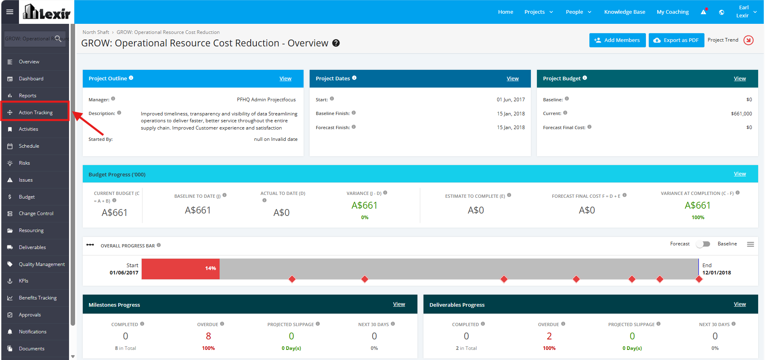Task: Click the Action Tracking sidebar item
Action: pyautogui.click(x=36, y=113)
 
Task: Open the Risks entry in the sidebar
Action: pyautogui.click(x=24, y=163)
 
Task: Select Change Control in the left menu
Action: pyautogui.click(x=36, y=213)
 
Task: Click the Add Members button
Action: pyautogui.click(x=617, y=40)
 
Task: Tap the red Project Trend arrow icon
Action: pyautogui.click(x=748, y=40)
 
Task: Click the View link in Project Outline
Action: pyautogui.click(x=285, y=79)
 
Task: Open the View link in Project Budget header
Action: pyautogui.click(x=740, y=79)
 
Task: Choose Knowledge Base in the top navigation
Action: pyautogui.click(x=625, y=12)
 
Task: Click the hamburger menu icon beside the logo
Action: pyautogui.click(x=10, y=12)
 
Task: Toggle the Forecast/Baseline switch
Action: pyautogui.click(x=703, y=244)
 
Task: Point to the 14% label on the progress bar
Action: pyautogui.click(x=210, y=268)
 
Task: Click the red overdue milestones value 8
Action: pyautogui.click(x=208, y=336)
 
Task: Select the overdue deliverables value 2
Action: pyautogui.click(x=549, y=336)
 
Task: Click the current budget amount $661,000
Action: pyautogui.click(x=741, y=114)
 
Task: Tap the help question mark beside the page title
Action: pyautogui.click(x=336, y=43)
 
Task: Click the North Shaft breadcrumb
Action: pyautogui.click(x=96, y=32)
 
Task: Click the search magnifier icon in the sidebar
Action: pyautogui.click(x=58, y=39)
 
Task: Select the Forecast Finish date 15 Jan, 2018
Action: pyautogui.click(x=511, y=128)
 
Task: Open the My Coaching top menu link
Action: pyautogui.click(x=673, y=12)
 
